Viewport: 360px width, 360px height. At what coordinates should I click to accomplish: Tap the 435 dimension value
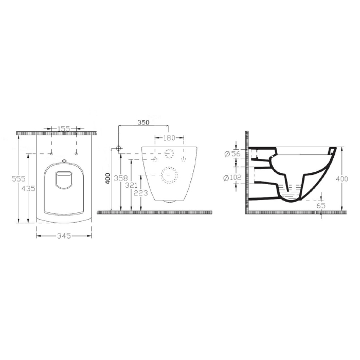[x=28, y=189]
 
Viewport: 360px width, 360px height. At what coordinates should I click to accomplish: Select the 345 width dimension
[x=64, y=236]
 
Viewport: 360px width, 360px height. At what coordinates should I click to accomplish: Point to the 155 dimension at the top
[x=63, y=129]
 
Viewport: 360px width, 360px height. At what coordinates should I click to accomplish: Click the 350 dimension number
[x=143, y=122]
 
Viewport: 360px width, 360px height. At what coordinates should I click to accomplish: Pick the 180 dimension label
[x=169, y=138]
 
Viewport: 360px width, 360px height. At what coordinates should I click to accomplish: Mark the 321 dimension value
[x=131, y=185]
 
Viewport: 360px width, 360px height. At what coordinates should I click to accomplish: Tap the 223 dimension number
[x=141, y=193]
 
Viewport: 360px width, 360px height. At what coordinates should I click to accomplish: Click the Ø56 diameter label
[x=232, y=154]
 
